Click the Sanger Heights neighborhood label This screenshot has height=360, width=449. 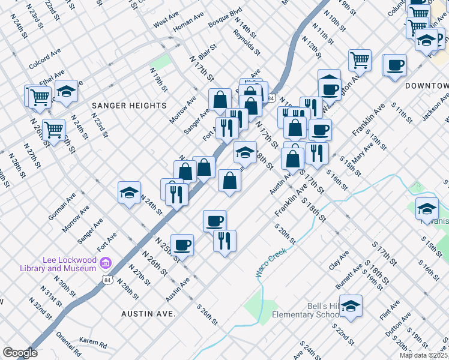point(129,106)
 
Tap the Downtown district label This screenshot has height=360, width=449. point(426,86)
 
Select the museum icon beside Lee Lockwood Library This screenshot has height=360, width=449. point(106,263)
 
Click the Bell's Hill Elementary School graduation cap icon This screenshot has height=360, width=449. point(351,305)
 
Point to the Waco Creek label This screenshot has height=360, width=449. point(271,263)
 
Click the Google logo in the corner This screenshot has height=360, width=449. point(20,353)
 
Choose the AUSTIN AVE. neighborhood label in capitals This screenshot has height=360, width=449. point(148,314)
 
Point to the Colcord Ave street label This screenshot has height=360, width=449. point(45,60)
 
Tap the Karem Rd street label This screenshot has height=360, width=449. point(92,344)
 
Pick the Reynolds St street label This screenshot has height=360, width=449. point(247,44)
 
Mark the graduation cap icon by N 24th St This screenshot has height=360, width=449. point(129,192)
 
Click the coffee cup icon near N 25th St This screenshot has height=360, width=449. point(182,244)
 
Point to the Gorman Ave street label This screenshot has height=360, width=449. point(62,205)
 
